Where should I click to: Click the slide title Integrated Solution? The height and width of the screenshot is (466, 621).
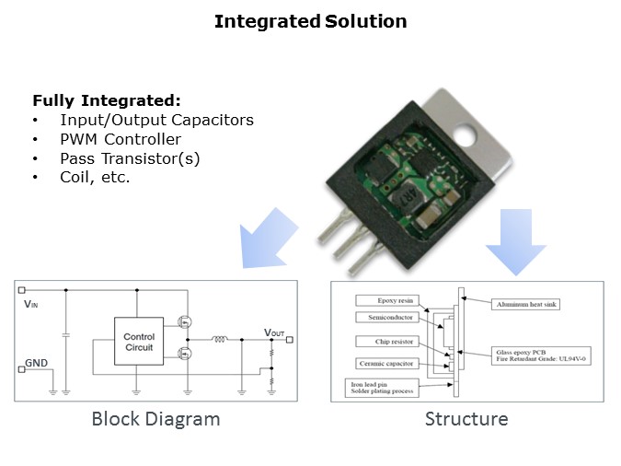click(310, 21)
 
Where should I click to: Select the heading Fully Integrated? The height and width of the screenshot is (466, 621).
click(107, 100)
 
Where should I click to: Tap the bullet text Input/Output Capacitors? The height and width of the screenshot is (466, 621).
click(156, 120)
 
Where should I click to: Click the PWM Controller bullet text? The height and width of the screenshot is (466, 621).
click(121, 139)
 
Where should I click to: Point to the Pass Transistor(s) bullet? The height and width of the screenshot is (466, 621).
click(130, 158)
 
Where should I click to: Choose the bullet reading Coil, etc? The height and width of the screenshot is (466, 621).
click(95, 177)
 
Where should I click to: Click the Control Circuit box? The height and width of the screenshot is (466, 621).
click(139, 342)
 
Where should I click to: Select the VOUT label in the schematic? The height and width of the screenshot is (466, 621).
click(274, 332)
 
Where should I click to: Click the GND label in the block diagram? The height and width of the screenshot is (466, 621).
click(36, 363)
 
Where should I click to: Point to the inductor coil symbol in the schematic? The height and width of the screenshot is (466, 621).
click(220, 339)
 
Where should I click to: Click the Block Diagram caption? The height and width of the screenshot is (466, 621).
click(155, 419)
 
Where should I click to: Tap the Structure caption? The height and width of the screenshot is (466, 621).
click(466, 419)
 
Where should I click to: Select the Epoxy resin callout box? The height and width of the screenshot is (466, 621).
click(386, 300)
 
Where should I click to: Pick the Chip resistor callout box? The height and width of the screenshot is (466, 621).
click(386, 342)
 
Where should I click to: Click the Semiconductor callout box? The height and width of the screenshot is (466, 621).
click(386, 318)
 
